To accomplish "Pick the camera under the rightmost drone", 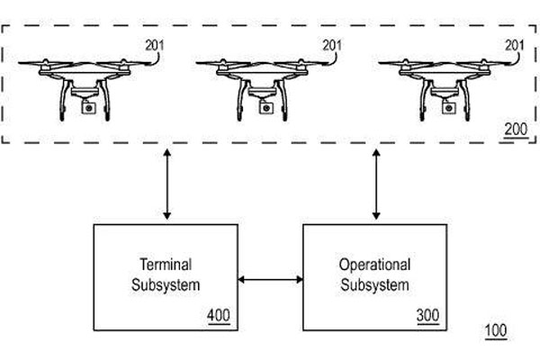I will (447, 106).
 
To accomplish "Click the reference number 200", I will (513, 131).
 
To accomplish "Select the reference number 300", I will (428, 316).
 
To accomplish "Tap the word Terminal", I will (165, 266).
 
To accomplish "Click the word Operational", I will (374, 265).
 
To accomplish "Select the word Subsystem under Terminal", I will (165, 285).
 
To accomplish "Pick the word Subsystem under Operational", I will (374, 285).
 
